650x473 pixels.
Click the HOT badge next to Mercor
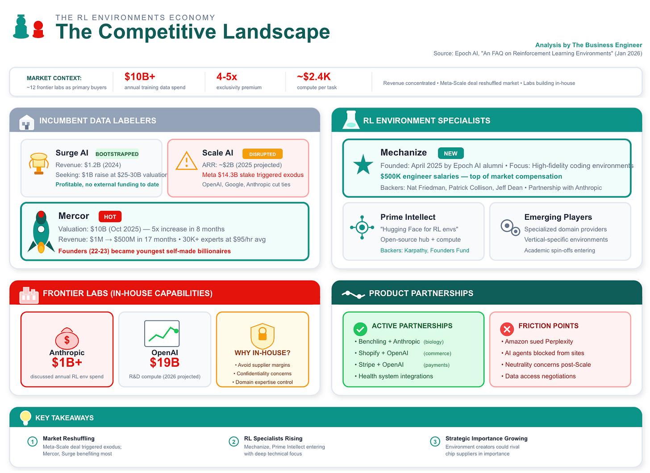point(110,217)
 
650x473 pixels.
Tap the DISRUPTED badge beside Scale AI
point(262,154)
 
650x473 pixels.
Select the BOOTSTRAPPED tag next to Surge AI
point(117,154)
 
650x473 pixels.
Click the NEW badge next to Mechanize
point(450,153)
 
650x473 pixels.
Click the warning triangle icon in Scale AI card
point(186,161)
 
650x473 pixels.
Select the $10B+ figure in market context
point(140,76)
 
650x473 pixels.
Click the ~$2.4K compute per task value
point(313,76)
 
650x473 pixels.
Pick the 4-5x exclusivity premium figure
point(227,76)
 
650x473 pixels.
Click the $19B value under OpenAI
point(164,363)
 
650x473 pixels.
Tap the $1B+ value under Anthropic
point(67,363)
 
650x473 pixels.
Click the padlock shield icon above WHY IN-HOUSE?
point(262,335)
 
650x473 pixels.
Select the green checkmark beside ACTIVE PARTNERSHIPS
point(360,329)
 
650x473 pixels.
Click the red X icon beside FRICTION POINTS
point(507,329)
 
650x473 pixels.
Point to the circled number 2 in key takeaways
point(233,442)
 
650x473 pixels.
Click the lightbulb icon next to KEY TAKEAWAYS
point(25,417)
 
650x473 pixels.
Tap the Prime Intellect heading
point(408,217)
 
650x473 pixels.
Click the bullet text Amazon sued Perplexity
point(538,341)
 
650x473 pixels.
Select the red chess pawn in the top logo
point(38,29)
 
